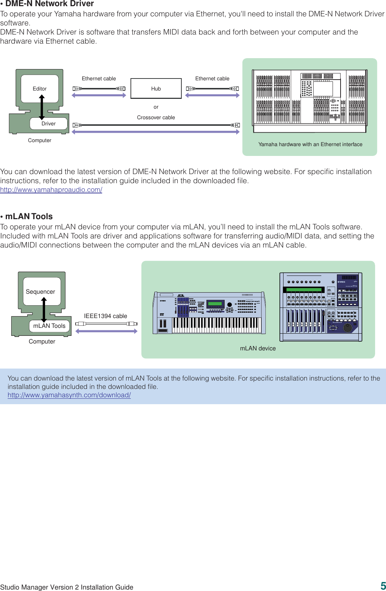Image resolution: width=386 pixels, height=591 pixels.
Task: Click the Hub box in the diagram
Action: point(156,88)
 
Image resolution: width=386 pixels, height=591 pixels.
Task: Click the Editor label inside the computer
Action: point(40,89)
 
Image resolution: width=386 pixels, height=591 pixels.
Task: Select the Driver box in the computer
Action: point(49,124)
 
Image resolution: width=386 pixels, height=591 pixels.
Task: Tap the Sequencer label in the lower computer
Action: point(40,292)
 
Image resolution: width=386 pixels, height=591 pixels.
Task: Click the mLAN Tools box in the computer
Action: point(49,326)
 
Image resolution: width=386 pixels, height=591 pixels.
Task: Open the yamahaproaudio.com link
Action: point(51,189)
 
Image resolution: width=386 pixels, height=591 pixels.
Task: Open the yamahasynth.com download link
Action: point(69,395)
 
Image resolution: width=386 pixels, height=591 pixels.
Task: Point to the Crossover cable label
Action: point(156,117)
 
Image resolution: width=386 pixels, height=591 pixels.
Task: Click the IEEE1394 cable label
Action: point(105,316)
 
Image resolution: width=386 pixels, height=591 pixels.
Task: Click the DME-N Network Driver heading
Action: point(49,4)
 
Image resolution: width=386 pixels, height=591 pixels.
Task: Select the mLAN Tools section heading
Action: point(29,216)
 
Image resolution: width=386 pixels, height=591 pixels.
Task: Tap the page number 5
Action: point(383,586)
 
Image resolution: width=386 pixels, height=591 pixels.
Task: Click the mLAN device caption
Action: point(258,348)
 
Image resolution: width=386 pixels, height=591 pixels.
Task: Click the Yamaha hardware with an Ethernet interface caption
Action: point(310,144)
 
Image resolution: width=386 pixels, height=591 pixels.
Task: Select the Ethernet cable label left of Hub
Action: point(99,79)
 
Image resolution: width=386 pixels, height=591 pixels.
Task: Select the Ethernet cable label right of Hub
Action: point(212,79)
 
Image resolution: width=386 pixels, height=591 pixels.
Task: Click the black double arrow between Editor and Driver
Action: point(42,107)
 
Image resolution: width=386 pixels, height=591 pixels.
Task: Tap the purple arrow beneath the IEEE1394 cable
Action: point(106,331)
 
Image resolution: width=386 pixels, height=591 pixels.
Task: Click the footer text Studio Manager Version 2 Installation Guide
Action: point(67,587)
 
